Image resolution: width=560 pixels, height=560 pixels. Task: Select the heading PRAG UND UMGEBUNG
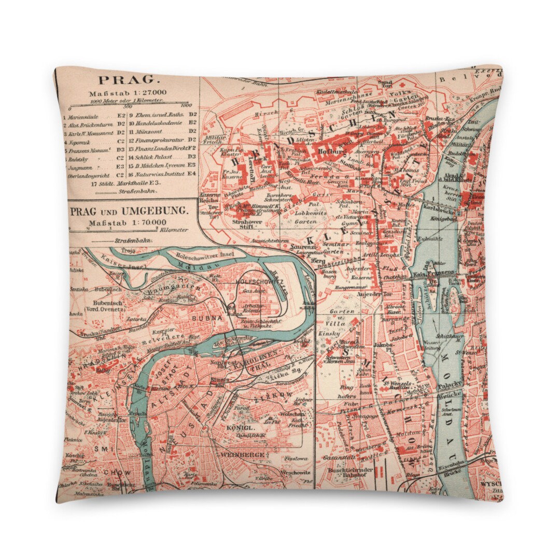(x=130, y=212)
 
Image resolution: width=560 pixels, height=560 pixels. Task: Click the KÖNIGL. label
(x=240, y=428)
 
